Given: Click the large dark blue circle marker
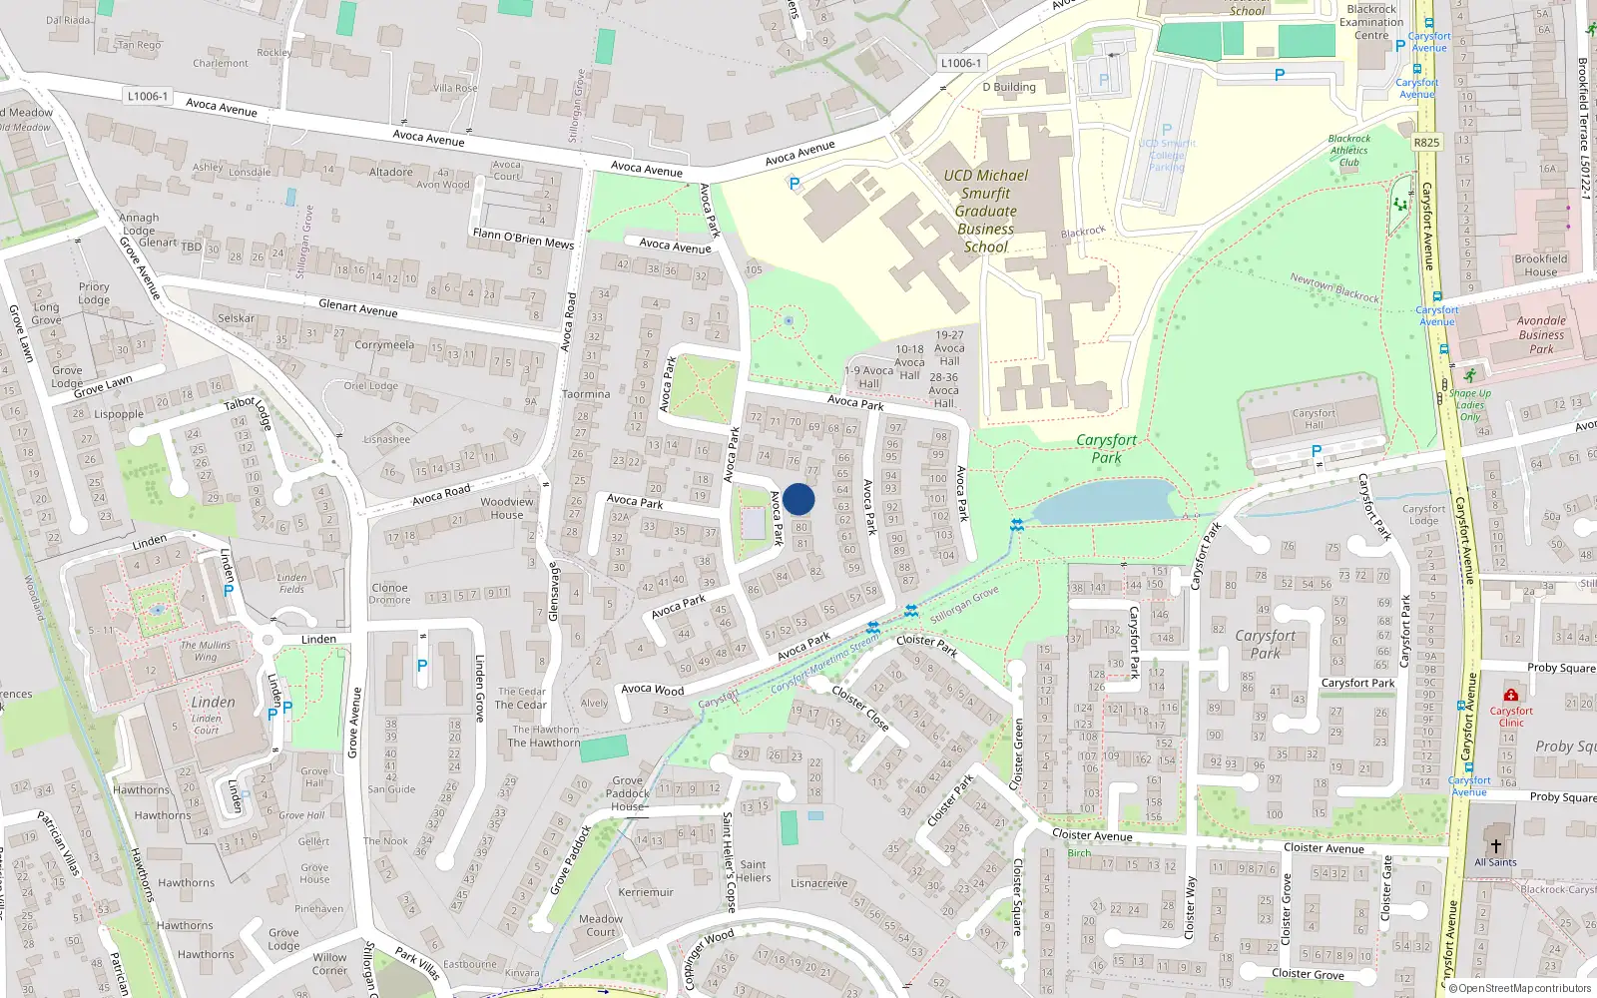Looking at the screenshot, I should point(798,499).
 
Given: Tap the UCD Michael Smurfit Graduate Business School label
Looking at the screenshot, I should point(985,211).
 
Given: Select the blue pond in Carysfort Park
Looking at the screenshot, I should point(1105,501).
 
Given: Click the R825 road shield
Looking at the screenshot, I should point(1426,143).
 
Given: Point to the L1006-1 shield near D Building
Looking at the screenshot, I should point(960,63).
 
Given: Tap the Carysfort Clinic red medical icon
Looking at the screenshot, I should point(1510,695).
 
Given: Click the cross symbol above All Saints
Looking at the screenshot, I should point(1495,845).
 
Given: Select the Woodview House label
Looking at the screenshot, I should point(506,508).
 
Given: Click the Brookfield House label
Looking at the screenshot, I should point(1540,264).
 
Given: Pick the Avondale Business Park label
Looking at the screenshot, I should point(1541,334).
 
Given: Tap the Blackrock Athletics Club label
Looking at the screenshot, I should point(1349,151).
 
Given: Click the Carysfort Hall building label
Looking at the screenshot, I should point(1314,418).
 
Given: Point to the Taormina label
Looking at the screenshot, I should point(586,394).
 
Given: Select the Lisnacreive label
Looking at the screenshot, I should point(818,883).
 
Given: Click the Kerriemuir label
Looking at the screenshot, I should point(646,892).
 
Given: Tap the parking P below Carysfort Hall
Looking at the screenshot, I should point(1317,452).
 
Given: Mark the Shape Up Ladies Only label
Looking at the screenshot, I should point(1470,404).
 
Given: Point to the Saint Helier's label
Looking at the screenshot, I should point(754,871).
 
